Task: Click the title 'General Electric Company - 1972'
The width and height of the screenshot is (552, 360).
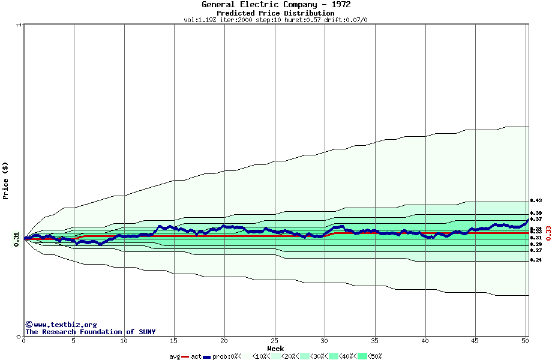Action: click(276, 5)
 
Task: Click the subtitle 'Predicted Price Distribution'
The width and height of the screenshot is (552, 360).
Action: click(276, 13)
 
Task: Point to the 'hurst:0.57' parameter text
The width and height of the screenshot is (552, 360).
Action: click(304, 20)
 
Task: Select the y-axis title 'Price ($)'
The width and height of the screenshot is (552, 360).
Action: click(5, 181)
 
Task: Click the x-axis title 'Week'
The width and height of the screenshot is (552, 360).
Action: click(275, 348)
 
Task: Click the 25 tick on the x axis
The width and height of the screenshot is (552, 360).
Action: click(274, 341)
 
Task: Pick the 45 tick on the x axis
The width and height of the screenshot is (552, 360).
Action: click(475, 341)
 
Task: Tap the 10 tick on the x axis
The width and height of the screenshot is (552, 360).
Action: click(124, 341)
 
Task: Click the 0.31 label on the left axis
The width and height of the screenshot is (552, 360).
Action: click(17, 238)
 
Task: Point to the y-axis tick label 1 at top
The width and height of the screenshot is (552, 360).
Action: click(19, 25)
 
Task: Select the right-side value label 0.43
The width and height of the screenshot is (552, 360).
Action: click(536, 200)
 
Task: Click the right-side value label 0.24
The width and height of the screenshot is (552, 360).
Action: click(536, 260)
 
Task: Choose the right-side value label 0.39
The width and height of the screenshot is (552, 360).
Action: click(536, 213)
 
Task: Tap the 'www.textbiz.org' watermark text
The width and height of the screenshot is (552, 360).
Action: click(65, 325)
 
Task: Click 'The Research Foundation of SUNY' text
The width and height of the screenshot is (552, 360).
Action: click(90, 332)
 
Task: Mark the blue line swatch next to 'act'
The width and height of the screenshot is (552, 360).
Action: click(207, 356)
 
